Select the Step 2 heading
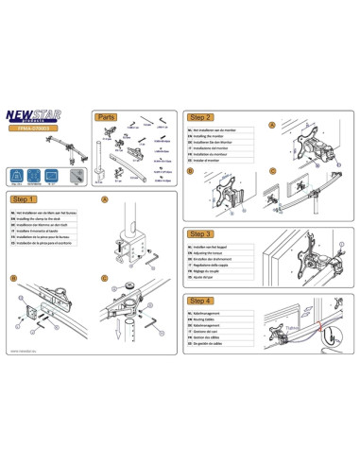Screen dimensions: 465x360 [x=203, y=116]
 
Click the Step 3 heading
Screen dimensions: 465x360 [x=203, y=232]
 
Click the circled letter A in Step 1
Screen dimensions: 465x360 [x=104, y=200]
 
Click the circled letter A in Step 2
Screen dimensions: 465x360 [x=271, y=125]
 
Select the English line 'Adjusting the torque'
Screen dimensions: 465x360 [x=217, y=252]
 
